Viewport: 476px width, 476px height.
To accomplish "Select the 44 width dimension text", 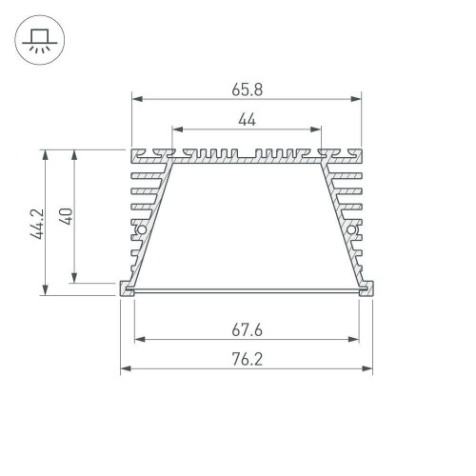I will [247, 119].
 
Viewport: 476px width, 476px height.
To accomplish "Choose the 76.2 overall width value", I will [247, 361].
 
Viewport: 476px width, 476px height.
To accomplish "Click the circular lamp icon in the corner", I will [38, 39].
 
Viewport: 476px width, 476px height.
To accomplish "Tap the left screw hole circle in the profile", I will [141, 230].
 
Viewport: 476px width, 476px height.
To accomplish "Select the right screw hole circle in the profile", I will [351, 230].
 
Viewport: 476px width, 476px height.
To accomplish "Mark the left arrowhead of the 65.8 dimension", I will [135, 97].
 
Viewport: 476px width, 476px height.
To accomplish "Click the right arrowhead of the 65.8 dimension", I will [358, 97].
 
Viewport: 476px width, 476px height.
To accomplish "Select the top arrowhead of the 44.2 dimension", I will [44, 152].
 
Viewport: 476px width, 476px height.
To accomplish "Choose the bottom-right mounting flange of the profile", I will [367, 288].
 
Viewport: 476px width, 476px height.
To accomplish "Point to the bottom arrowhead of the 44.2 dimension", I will [44, 291].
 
